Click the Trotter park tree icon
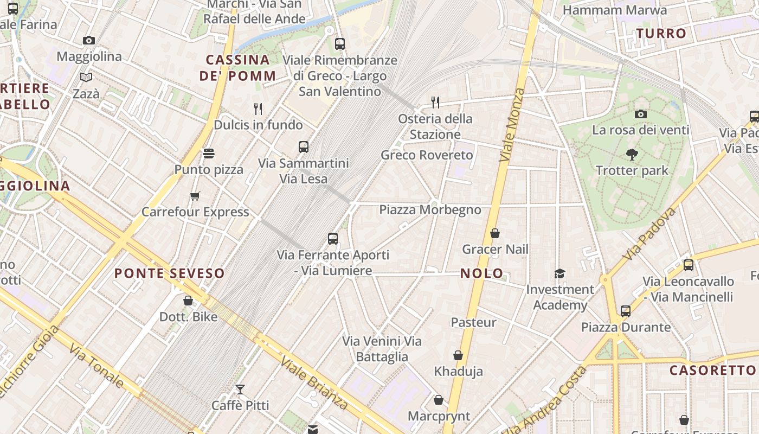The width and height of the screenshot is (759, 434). coord(632,155)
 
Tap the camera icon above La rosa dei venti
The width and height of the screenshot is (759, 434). coord(641,114)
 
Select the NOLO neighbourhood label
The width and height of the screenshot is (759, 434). coord(482,273)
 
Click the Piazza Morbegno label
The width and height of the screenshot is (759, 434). coord(430,210)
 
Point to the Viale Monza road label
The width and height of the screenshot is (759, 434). coord(512,125)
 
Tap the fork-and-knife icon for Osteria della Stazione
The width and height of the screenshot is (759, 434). coord(435,102)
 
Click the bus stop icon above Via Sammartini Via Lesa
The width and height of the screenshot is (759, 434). coord(304,146)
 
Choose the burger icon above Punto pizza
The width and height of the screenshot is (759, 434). coord(209,154)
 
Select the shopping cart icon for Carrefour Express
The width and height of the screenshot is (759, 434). coord(195,196)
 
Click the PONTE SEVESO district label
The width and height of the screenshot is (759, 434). coord(169,273)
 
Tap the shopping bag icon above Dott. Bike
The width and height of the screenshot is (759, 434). coord(188,300)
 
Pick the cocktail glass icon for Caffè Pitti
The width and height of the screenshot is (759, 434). coord(240,389)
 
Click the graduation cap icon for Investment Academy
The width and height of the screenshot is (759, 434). coord(559,273)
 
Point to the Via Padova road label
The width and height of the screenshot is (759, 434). coord(649,233)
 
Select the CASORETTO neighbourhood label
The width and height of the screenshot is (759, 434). coord(712,371)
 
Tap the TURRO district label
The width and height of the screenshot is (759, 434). coord(661,34)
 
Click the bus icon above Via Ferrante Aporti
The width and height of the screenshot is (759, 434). coord(333,238)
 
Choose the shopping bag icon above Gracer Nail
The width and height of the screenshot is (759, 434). coord(494,233)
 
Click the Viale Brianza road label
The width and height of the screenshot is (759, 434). coord(314,384)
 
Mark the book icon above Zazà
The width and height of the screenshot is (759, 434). coord(86,77)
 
